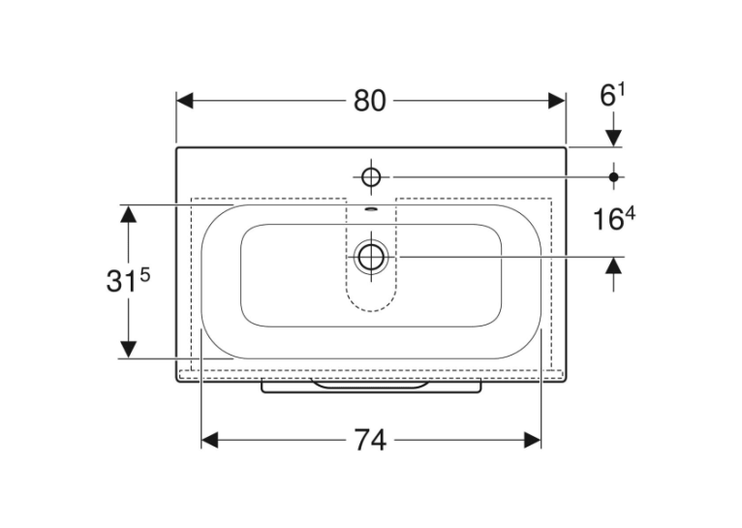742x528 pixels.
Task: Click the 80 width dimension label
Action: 370,101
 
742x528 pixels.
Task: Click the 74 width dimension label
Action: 371,441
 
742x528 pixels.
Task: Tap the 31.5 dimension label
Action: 128,281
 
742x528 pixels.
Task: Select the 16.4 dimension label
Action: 614,219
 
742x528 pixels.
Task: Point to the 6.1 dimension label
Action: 612,95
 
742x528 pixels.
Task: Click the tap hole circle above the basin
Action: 371,177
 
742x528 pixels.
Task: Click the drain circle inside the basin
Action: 371,257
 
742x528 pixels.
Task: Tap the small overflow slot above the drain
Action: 371,207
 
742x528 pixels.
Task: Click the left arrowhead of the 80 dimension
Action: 185,101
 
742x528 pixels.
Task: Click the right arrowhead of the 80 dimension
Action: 556,101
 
